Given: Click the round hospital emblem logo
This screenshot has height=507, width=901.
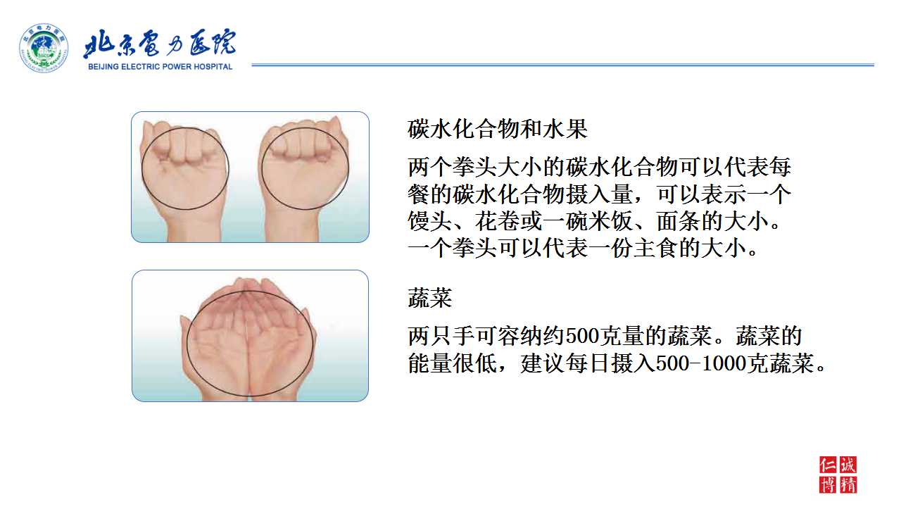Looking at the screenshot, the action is coord(44,48).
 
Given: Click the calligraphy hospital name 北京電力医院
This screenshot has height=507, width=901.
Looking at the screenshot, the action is coord(160,43).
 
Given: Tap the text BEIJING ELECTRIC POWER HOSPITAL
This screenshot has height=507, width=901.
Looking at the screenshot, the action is coord(160,67).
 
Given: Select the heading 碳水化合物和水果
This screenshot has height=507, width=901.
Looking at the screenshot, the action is coord(498,129).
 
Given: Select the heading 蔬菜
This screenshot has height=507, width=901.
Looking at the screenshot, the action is coord(430,298).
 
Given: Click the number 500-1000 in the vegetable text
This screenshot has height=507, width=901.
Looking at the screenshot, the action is coord(701,363).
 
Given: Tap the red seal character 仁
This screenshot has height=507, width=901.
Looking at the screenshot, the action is coord(828,465).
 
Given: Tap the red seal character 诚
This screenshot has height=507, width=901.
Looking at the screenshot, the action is coord(848,465).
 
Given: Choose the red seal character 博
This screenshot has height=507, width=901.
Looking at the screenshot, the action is coord(828,485).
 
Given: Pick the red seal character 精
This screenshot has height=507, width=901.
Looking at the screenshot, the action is coord(848,485).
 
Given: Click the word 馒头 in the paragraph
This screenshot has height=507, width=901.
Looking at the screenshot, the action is coord(430,221).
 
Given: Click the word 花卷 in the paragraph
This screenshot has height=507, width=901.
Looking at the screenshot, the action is coord(498,221).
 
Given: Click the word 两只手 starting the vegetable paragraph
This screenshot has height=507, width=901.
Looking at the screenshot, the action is coord(441,336).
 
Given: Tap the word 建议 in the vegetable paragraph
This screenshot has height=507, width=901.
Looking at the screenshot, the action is coord(543,363).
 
